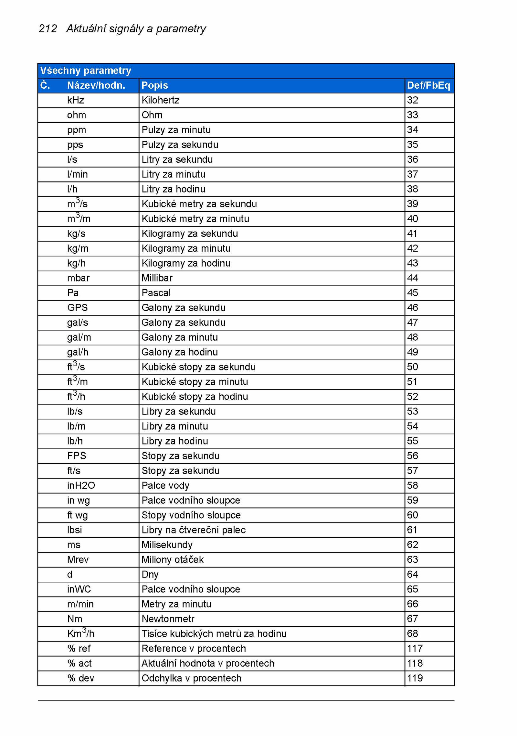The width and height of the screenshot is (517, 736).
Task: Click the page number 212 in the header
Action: click(48, 29)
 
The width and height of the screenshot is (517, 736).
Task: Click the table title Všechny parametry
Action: click(86, 71)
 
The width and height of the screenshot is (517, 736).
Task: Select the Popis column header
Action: click(155, 85)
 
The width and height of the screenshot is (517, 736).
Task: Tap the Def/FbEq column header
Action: click(428, 85)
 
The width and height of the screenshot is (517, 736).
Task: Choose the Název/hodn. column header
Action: click(96, 85)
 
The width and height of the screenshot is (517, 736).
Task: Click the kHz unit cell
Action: click(76, 100)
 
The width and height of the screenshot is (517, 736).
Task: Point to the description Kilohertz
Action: click(161, 100)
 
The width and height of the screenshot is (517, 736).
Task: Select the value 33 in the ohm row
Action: click(413, 115)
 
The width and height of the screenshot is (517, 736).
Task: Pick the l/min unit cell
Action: click(78, 174)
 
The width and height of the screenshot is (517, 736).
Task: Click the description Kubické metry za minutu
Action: click(195, 219)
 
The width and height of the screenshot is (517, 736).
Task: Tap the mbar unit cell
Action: click(79, 278)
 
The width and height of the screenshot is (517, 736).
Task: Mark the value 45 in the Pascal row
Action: click(413, 293)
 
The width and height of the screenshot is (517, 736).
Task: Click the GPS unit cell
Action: click(78, 308)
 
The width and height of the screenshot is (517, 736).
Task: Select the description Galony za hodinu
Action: click(180, 352)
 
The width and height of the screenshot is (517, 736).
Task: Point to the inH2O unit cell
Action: click(81, 486)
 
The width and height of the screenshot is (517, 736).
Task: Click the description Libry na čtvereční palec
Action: click(194, 530)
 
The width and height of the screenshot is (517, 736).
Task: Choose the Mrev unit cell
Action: click(78, 560)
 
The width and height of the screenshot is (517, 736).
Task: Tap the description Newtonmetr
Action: click(168, 619)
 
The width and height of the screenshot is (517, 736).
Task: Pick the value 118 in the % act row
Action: click(415, 664)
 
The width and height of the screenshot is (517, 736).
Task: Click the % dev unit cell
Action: click(81, 678)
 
